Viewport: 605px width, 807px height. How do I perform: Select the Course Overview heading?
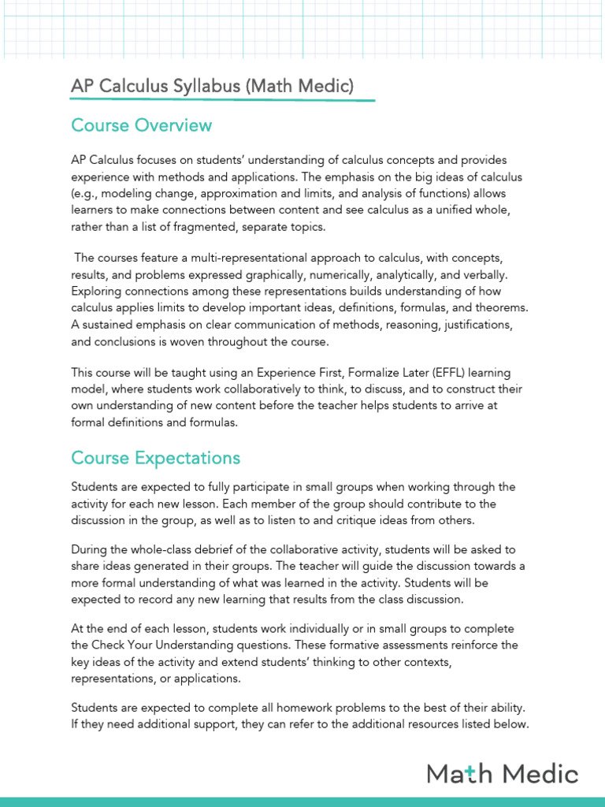[x=141, y=125]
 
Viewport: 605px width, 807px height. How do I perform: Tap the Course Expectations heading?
[x=155, y=458]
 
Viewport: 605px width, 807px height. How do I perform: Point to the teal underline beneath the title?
[x=222, y=101]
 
